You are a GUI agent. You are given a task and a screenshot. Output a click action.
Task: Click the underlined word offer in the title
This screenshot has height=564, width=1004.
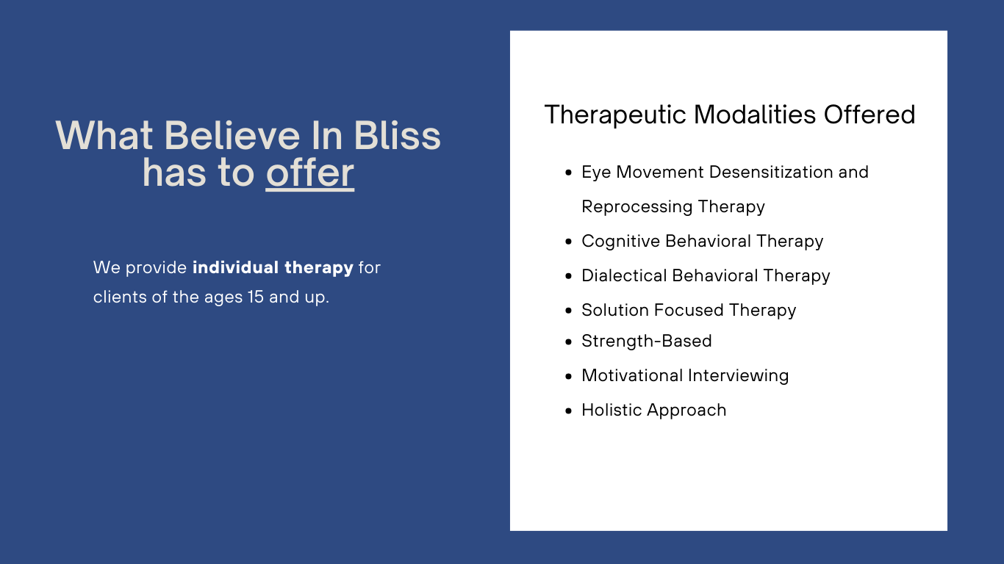click(x=310, y=173)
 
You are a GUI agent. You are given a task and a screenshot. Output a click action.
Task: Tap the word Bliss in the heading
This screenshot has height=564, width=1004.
click(x=397, y=135)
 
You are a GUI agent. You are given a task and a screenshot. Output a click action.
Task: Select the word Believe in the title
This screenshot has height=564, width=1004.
click(x=232, y=135)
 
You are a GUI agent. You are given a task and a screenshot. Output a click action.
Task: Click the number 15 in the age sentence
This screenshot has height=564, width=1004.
click(x=256, y=297)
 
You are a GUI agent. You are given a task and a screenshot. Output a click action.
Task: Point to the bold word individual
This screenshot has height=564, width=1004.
click(x=236, y=267)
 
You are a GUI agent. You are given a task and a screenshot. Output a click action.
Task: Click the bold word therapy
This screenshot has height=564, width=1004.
click(x=319, y=268)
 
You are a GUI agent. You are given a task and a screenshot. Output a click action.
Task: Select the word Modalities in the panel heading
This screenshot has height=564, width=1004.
click(x=755, y=115)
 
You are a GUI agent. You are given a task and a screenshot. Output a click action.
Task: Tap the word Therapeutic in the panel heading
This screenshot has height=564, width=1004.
click(x=615, y=115)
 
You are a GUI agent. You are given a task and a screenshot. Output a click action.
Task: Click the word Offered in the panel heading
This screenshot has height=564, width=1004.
click(x=869, y=115)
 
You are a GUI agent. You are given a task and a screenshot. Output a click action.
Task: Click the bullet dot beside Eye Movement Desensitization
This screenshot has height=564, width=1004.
click(x=569, y=173)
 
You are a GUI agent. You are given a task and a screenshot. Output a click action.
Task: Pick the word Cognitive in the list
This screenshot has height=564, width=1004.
click(x=620, y=242)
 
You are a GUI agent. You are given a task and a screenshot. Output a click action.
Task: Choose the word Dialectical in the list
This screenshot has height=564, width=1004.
click(x=624, y=275)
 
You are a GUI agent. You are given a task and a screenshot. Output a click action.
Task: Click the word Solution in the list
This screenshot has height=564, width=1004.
click(x=614, y=310)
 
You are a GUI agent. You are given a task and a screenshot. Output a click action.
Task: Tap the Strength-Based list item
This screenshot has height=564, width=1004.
click(x=647, y=341)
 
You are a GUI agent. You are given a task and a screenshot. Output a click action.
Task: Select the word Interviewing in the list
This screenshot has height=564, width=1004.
click(x=738, y=376)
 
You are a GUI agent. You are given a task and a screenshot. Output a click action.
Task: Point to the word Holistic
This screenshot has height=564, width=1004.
click(x=612, y=410)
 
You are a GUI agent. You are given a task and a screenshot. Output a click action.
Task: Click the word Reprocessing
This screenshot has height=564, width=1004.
click(x=637, y=207)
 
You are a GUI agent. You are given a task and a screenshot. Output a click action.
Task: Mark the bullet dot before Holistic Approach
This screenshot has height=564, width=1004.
click(x=569, y=411)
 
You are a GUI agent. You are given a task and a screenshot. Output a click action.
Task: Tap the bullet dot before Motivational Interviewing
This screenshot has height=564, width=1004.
click(x=569, y=376)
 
